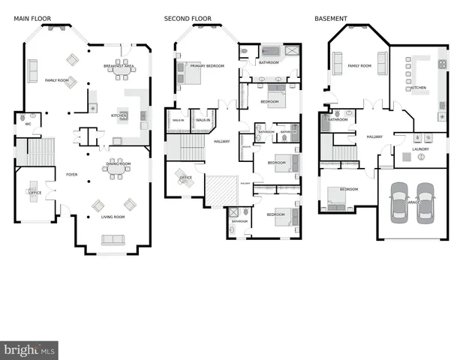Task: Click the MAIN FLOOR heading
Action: pyautogui.click(x=31, y=19)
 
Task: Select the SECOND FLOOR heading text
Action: pyautogui.click(x=188, y=19)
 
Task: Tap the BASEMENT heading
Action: pyautogui.click(x=330, y=19)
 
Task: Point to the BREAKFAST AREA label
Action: pyautogui.click(x=119, y=67)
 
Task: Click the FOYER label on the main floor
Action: pyautogui.click(x=72, y=175)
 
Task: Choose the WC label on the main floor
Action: pyautogui.click(x=28, y=124)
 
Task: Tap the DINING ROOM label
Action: pyautogui.click(x=118, y=163)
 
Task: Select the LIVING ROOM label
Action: pyautogui.click(x=114, y=217)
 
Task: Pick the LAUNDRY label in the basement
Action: pyautogui.click(x=420, y=149)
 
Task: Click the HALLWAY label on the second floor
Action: pyautogui.click(x=222, y=141)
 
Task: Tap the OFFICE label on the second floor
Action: pyautogui.click(x=185, y=178)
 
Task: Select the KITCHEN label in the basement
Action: pyautogui.click(x=418, y=88)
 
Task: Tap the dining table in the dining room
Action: pyautogui.click(x=117, y=170)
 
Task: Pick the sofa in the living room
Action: pyautogui.click(x=113, y=240)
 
